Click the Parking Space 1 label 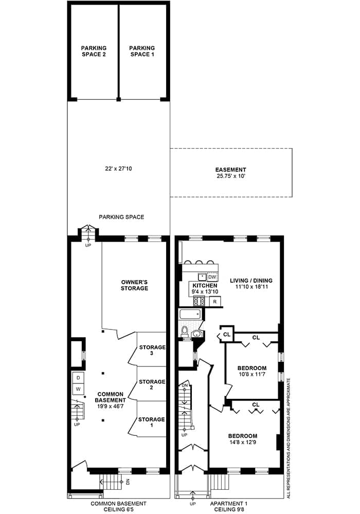pos(142,51)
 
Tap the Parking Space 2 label pos(94,51)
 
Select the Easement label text pos(230,170)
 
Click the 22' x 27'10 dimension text pos(116,169)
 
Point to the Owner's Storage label pos(134,285)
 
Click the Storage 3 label pos(152,350)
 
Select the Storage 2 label pos(152,384)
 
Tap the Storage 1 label pos(151,422)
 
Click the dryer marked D pos(78,378)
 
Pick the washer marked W pos(78,389)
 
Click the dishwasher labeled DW pos(212,277)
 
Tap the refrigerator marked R pos(215,301)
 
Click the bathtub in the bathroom pos(190,315)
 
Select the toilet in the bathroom pos(184,331)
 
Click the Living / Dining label pos(251,281)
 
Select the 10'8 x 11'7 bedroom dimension pos(252,374)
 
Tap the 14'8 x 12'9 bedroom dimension pos(243,442)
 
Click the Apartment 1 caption pos(228,504)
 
